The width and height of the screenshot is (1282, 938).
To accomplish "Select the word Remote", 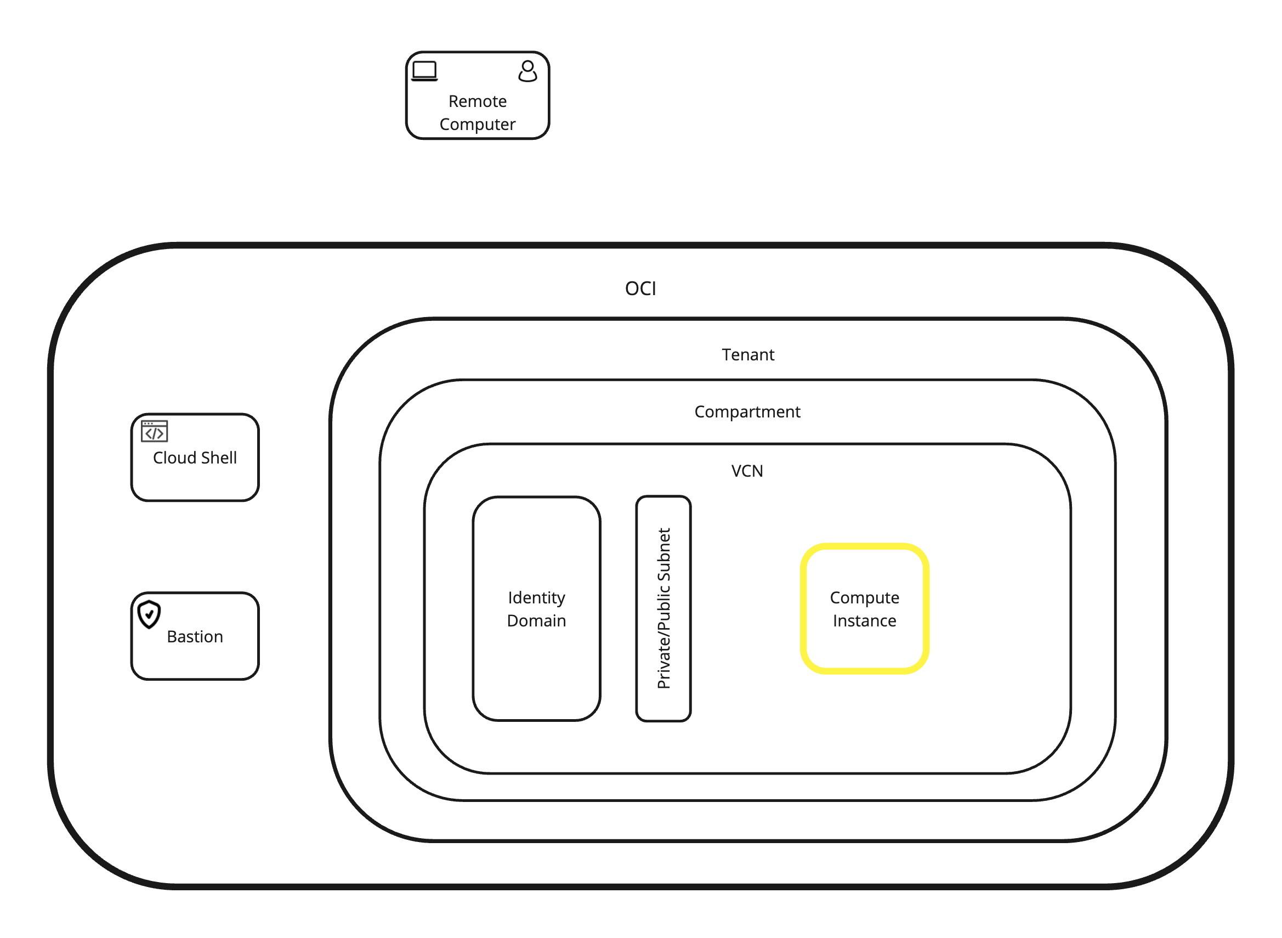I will pyautogui.click(x=477, y=101).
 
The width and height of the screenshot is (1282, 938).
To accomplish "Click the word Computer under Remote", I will pyautogui.click(x=477, y=125).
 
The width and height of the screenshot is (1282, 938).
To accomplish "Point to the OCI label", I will pyautogui.click(x=640, y=289).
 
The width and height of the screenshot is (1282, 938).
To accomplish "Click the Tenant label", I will pyautogui.click(x=747, y=355).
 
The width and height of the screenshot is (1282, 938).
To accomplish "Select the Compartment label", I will pyautogui.click(x=747, y=411).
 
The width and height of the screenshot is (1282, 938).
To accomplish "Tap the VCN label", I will pyautogui.click(x=747, y=471).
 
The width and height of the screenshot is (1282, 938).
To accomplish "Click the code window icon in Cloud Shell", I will pyautogui.click(x=155, y=432).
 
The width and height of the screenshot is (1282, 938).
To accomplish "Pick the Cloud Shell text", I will pyautogui.click(x=195, y=458).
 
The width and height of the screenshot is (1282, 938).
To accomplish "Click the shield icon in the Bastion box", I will pyautogui.click(x=149, y=614).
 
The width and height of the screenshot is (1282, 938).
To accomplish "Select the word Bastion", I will pyautogui.click(x=195, y=637).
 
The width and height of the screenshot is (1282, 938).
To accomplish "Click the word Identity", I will pyautogui.click(x=536, y=598).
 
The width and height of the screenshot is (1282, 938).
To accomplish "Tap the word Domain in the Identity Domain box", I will pyautogui.click(x=536, y=621).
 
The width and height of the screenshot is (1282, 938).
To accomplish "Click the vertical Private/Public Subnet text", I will pyautogui.click(x=663, y=609).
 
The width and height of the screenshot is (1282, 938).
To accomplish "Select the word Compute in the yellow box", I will pyautogui.click(x=864, y=598).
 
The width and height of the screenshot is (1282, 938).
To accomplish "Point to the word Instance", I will pyautogui.click(x=864, y=621).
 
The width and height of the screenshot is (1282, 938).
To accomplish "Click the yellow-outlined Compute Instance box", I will pyautogui.click(x=864, y=647).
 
